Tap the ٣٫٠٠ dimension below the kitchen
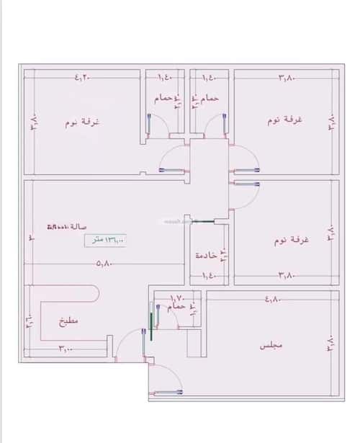[66, 349]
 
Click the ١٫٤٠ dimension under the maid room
[209, 274]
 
